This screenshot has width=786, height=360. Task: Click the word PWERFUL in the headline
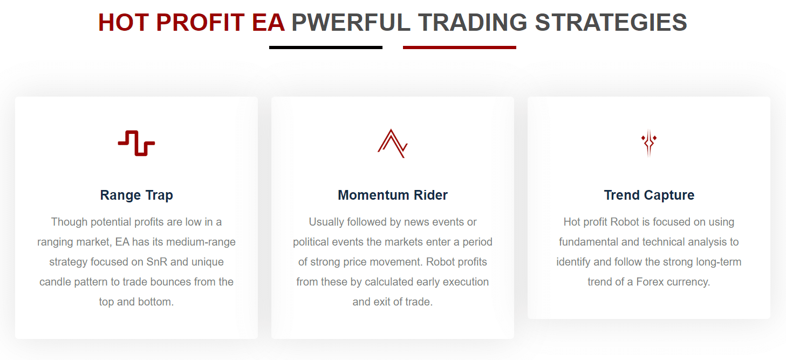tap(351, 23)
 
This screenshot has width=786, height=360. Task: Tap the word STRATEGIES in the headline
tap(611, 23)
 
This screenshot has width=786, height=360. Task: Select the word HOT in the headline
tap(123, 23)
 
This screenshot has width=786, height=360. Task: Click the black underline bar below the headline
tap(326, 47)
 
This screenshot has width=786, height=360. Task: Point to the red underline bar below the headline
tap(459, 47)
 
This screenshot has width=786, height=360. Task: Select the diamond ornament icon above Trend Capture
tap(649, 143)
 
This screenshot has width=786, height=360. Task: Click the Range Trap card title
tap(136, 195)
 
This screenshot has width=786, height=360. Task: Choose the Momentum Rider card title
tap(393, 195)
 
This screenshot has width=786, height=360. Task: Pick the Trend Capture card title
tap(649, 195)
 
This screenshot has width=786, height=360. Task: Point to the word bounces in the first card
tap(171, 282)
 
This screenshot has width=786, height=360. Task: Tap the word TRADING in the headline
tap(473, 23)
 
